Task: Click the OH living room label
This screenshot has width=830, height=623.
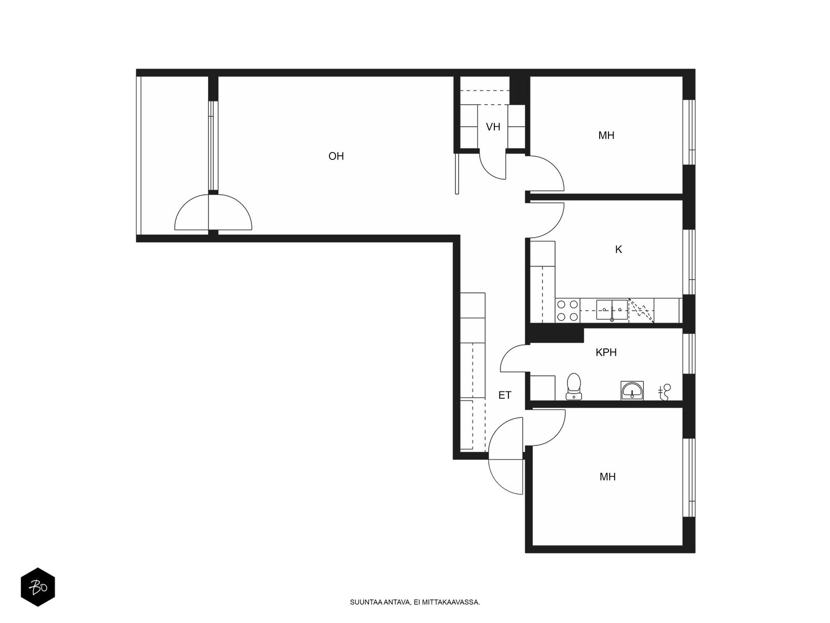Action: pos(336,156)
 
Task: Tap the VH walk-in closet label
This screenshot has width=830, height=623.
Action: pos(493,127)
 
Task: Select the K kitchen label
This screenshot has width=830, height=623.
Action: pos(618,250)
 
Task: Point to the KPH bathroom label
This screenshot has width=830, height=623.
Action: pos(606,353)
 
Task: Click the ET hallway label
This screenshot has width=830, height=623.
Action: pos(504,395)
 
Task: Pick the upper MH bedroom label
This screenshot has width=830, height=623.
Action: pos(606,136)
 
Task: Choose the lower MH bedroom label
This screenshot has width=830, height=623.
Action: pos(607,477)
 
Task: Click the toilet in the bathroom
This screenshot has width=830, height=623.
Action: pos(574,387)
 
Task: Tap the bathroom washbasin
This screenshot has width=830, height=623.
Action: pos(632,390)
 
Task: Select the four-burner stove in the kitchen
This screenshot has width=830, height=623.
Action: pos(568,310)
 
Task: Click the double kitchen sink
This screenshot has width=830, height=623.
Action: pos(612,310)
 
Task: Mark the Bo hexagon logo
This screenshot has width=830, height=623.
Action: pos(38,587)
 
